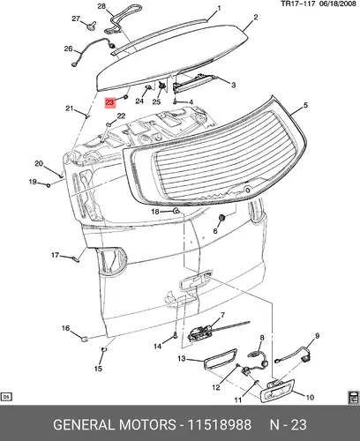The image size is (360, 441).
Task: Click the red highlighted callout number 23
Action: click(109, 102)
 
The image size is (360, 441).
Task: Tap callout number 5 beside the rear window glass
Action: click(305, 105)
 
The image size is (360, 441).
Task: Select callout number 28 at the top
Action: click(101, 6)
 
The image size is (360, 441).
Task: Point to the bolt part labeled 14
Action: click(176, 335)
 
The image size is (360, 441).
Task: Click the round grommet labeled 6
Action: click(222, 218)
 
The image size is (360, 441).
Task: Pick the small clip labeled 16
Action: click(85, 339)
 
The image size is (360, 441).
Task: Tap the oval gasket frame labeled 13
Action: click(221, 358)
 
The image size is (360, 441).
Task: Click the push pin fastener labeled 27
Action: click(90, 26)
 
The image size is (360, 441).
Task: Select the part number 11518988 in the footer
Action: click(220, 424)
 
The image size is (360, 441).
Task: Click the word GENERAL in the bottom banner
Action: click(84, 424)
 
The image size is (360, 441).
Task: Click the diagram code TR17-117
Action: click(298, 4)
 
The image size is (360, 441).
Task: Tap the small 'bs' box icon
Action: click(6, 397)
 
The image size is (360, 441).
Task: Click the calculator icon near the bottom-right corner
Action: click(353, 398)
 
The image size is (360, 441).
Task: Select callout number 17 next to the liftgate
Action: click(56, 255)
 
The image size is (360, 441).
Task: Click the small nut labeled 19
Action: click(48, 185)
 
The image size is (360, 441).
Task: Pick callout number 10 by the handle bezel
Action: click(310, 397)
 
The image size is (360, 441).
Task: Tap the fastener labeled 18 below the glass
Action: click(176, 211)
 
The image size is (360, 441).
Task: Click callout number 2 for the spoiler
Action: click(256, 18)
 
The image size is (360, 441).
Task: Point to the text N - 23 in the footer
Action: click(289, 424)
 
